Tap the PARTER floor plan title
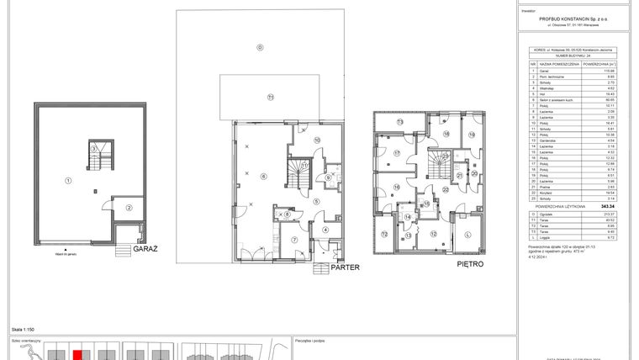click(x=346, y=267)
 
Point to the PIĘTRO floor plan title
click(x=470, y=264)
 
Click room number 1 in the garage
click(x=69, y=179)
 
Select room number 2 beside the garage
click(x=129, y=207)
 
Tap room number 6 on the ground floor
click(x=263, y=176)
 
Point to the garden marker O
click(x=260, y=47)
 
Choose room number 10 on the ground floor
click(x=317, y=140)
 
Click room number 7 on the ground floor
click(x=294, y=240)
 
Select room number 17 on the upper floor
click(x=394, y=152)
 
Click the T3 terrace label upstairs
click(x=400, y=122)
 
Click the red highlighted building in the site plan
click(x=77, y=354)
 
